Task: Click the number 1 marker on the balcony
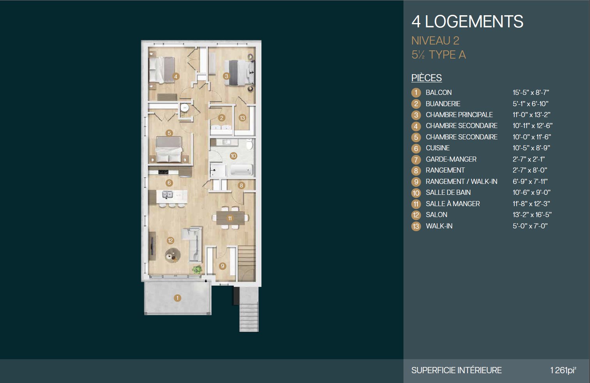178,298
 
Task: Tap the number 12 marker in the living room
171,240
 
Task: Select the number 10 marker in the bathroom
233,156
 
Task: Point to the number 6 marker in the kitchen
169,183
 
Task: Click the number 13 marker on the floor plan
242,118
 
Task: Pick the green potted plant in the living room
197,270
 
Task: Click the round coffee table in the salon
173,255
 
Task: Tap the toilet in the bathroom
249,144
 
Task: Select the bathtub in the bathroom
242,170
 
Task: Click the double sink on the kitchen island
167,195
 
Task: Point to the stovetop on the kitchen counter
163,172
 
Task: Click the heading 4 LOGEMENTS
467,21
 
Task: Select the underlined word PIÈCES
427,78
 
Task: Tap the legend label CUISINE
438,148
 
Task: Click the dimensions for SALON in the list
532,215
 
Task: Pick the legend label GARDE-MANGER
451,159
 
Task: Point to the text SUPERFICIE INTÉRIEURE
457,371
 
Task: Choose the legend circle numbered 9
416,182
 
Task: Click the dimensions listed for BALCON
531,93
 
